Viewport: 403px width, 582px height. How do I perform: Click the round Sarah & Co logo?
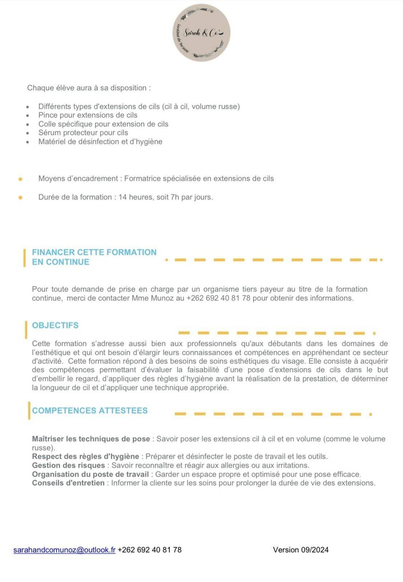tap(201, 33)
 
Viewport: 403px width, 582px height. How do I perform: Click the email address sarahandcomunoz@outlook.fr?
tap(64, 550)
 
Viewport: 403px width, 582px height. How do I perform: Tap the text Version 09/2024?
tap(300, 550)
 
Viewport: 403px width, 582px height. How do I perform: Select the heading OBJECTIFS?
tap(55, 325)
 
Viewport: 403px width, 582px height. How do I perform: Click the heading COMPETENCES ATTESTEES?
tap(90, 410)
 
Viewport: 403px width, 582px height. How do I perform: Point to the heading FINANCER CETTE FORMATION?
tap(94, 252)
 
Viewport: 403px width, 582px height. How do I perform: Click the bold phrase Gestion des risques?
tap(68, 465)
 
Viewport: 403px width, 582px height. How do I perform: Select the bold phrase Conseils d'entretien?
tap(68, 483)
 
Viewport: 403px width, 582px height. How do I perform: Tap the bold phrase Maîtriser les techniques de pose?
tap(91, 439)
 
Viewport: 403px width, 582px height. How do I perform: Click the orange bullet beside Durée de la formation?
tap(20, 198)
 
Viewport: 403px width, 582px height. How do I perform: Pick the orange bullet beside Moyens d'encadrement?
tap(20, 179)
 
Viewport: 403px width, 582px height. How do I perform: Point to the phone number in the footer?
tap(149, 550)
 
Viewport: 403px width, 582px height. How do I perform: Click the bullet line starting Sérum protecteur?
tap(83, 133)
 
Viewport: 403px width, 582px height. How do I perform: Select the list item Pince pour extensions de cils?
tap(88, 115)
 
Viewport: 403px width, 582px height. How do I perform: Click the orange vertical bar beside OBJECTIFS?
tap(26, 330)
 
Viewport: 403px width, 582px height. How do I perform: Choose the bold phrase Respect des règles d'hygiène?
tap(85, 456)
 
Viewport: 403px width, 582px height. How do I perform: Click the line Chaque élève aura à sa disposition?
tap(89, 88)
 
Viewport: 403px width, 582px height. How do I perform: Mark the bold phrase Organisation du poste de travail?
tap(91, 474)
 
